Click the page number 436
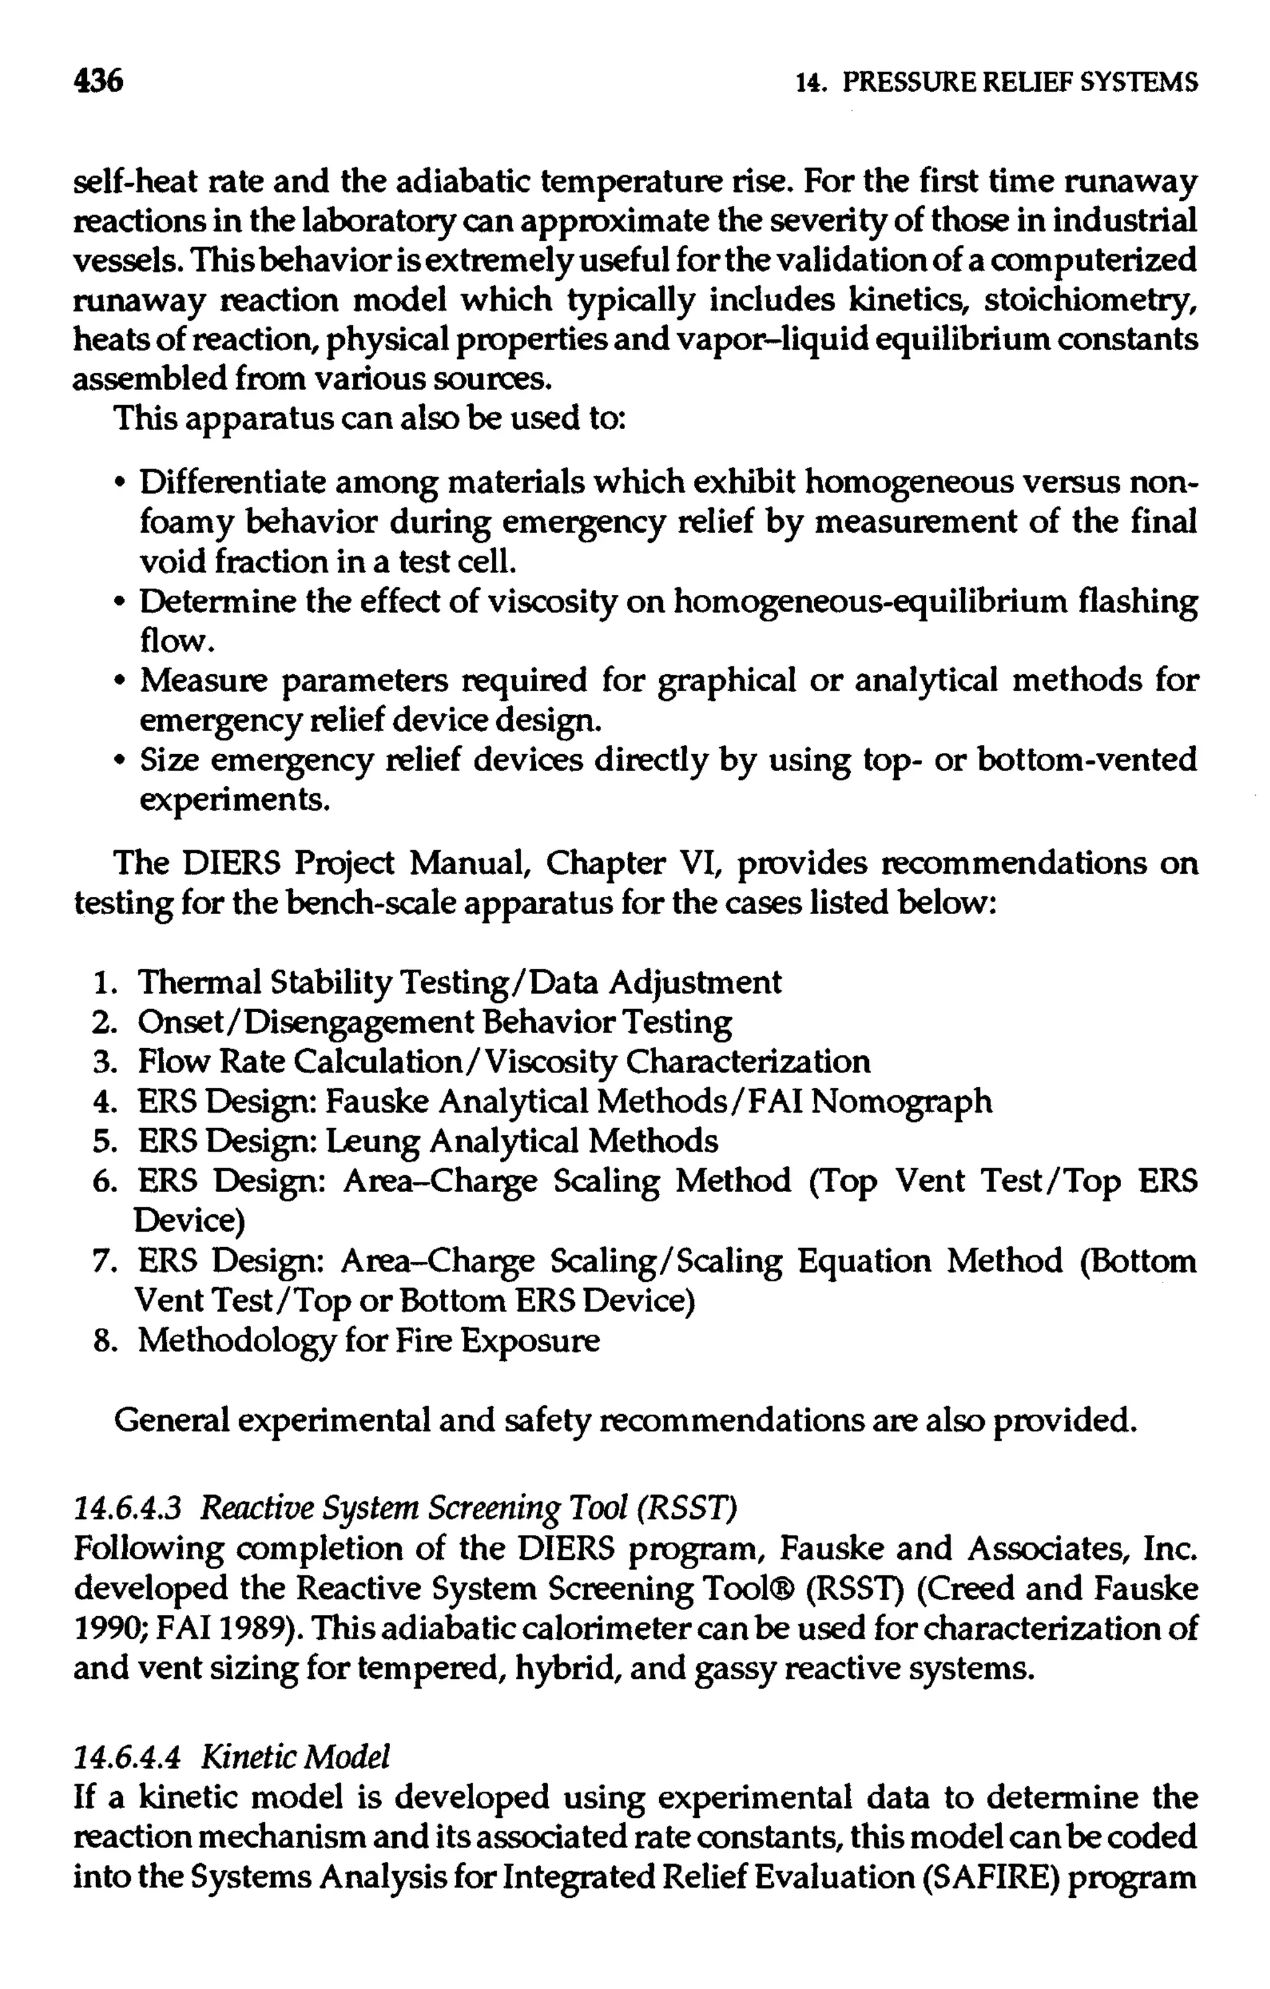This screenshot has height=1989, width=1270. coord(98,81)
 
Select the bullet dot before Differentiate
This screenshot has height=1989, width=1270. coord(122,483)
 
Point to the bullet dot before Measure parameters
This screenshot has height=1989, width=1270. coord(122,682)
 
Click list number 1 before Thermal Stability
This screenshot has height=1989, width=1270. coord(102,983)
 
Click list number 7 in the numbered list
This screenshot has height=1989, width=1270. coord(102,1261)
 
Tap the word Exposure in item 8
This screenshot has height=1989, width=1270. coord(530,1341)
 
